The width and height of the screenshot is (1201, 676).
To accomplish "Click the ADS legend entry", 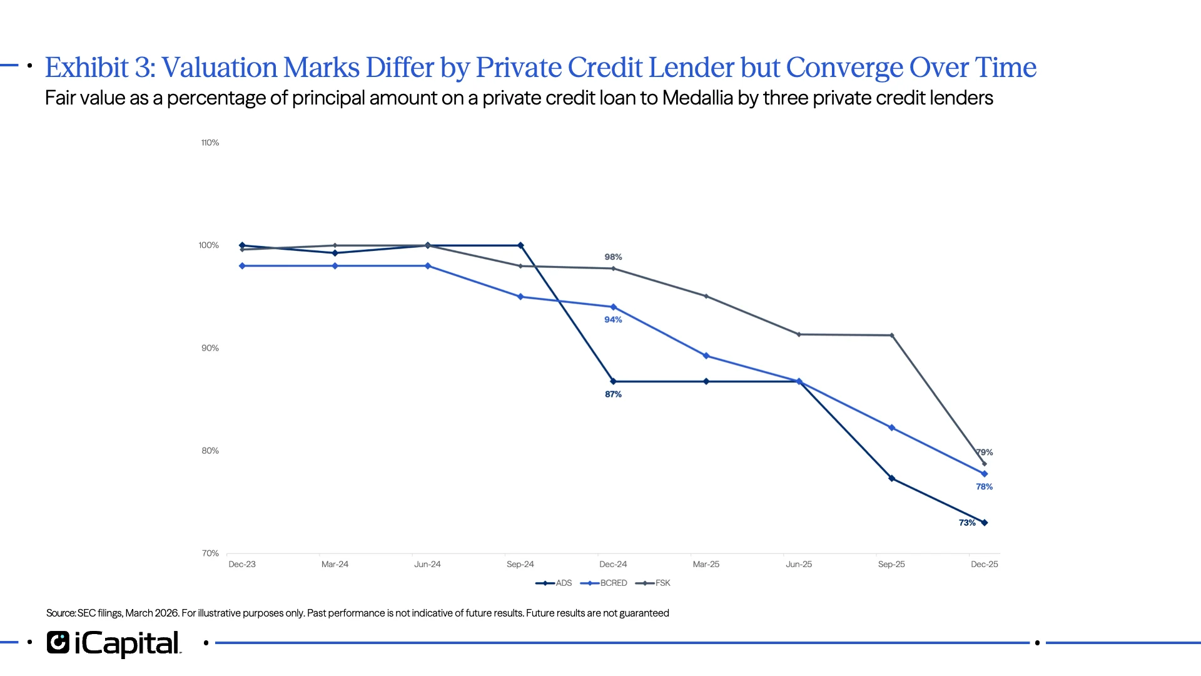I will (554, 583).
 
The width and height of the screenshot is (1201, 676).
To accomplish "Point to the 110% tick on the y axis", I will (210, 143).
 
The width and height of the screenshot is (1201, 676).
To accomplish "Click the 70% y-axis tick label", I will (210, 553).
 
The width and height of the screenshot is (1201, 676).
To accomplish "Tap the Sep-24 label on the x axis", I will (520, 564).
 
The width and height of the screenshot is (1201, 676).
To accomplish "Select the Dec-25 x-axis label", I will (984, 564).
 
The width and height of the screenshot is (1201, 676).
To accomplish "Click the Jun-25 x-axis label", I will (799, 564).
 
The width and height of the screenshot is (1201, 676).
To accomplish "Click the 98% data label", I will (613, 257).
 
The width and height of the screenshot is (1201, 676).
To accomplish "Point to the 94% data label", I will (613, 319).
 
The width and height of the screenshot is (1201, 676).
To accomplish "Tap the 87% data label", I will (613, 394).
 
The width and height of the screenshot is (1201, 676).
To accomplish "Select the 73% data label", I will (967, 523).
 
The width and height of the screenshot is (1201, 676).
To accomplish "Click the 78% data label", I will (984, 486).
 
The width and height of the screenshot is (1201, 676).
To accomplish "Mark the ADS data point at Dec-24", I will (613, 381).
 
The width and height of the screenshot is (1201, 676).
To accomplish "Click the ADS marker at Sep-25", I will (891, 478).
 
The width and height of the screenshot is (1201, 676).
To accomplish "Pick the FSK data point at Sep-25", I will (891, 335).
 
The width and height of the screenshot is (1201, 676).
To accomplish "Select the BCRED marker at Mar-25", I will (706, 356).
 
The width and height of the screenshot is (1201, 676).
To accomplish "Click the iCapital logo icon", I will (58, 642).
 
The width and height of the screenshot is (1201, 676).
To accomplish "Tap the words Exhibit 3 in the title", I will (99, 68).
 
